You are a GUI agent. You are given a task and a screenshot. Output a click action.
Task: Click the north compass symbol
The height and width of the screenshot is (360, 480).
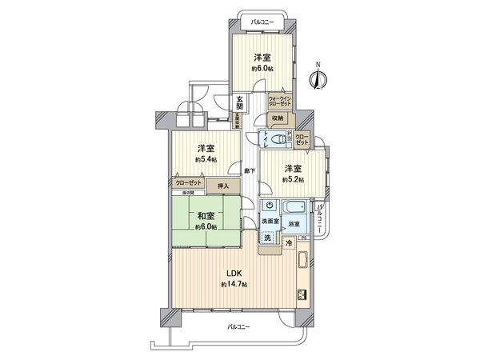coord(318,78)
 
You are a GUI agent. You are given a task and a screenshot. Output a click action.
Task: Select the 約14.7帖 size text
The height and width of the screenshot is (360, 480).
coord(234,285)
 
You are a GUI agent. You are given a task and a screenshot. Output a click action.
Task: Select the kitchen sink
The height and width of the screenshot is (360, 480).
coord(303,260)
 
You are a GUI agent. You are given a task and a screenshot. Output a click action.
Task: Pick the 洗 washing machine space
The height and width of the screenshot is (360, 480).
coord(268,238)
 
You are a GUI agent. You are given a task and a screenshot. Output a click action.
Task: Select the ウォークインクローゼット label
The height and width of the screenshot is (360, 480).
coord(280,102)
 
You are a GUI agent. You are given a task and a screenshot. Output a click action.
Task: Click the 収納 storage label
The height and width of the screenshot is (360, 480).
coord(277,118)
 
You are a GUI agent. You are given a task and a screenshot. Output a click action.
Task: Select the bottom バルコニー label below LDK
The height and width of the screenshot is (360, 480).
coord(238,327)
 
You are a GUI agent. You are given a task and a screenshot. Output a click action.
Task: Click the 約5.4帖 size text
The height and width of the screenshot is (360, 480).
coord(206,160)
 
